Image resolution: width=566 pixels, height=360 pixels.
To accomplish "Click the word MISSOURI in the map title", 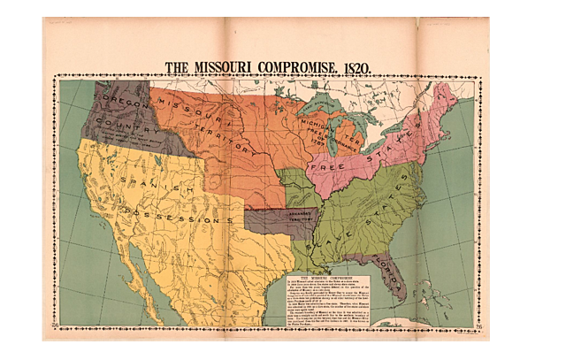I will pos(233,67).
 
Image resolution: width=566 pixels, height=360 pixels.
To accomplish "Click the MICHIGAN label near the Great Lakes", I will pos(314,124).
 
